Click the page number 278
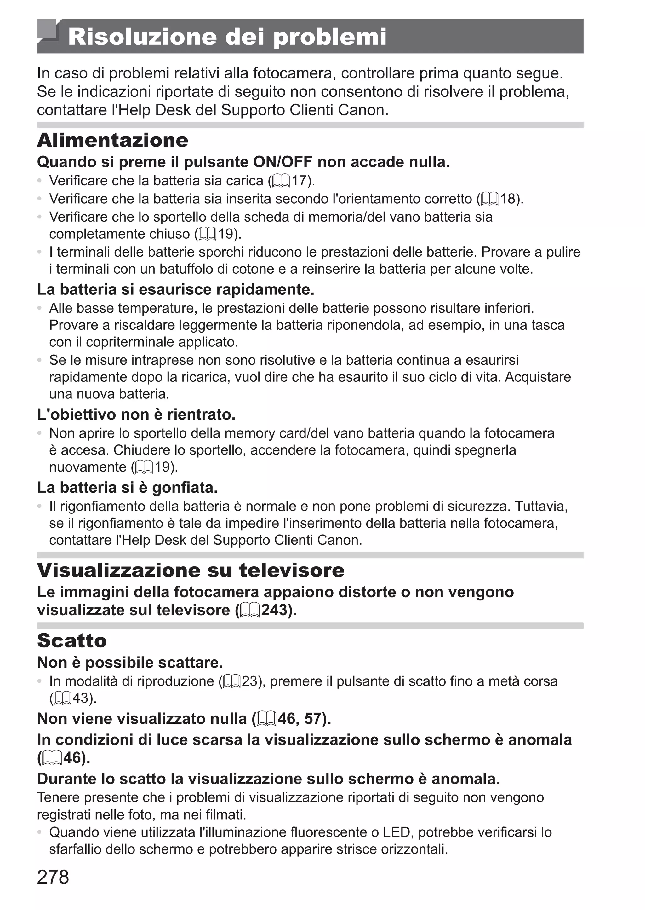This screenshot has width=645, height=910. click(x=53, y=877)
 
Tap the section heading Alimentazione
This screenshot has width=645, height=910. click(x=112, y=140)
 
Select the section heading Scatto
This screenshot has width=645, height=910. click(x=72, y=640)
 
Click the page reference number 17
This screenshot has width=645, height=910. click(x=300, y=181)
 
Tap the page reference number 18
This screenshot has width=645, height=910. click(x=508, y=199)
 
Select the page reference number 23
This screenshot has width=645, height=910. click(x=250, y=681)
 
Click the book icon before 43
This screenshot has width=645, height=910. click(x=61, y=698)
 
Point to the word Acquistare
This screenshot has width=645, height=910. click(x=538, y=377)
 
